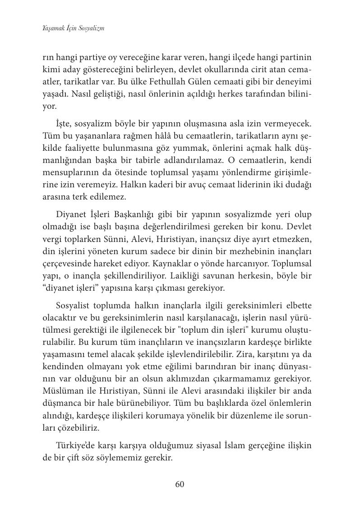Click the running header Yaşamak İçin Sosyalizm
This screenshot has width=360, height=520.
[74, 28]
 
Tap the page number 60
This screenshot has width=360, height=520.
[180, 484]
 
